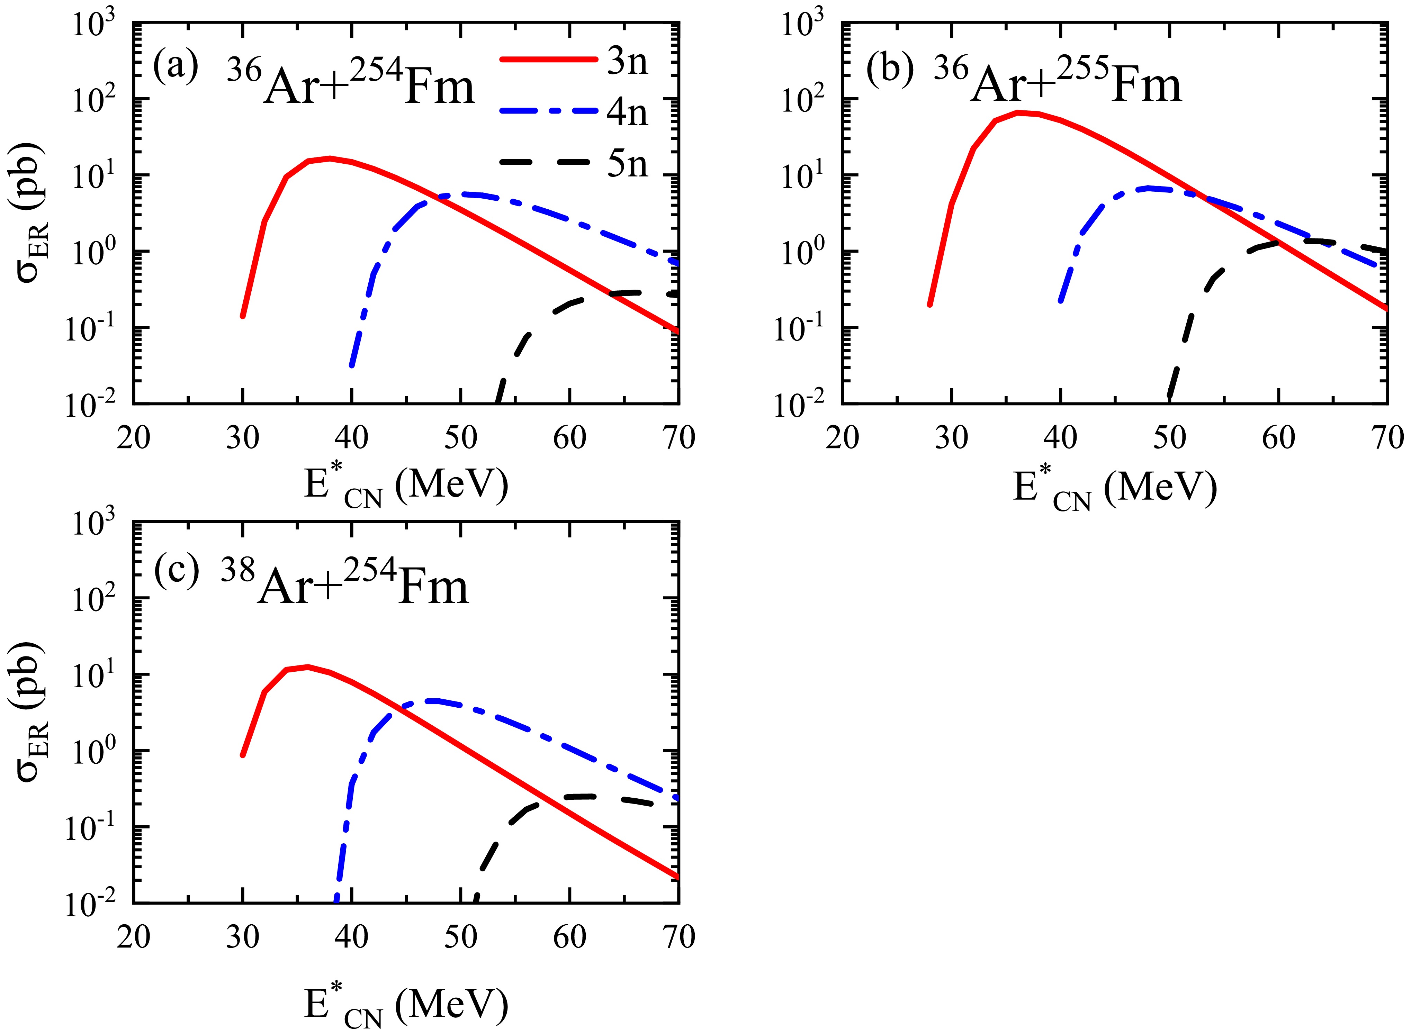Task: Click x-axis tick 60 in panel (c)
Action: pyautogui.click(x=570, y=937)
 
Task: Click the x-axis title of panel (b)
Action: pyautogui.click(x=1114, y=489)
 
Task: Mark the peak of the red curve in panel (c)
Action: pyautogui.click(x=307, y=666)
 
